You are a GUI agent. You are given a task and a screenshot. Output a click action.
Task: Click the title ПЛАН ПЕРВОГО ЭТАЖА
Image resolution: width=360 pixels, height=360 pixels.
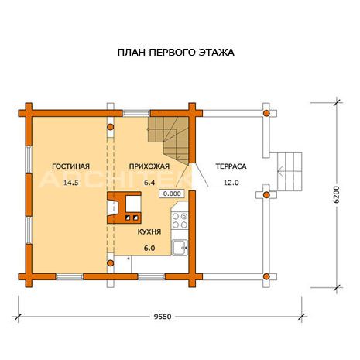(x=176, y=53)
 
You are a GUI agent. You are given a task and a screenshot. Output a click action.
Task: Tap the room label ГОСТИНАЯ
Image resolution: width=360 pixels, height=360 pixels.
(x=71, y=166)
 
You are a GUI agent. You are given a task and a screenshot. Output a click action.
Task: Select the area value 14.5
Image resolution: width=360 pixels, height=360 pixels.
(x=71, y=183)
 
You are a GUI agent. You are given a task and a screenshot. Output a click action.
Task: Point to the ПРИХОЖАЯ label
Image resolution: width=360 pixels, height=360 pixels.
(x=149, y=166)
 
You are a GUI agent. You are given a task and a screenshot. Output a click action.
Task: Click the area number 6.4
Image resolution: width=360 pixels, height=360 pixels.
(x=149, y=183)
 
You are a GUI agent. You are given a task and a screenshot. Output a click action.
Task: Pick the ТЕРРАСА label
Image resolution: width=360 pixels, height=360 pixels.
(x=231, y=166)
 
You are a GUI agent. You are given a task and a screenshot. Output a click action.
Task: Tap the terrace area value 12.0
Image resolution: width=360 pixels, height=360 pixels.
(x=231, y=183)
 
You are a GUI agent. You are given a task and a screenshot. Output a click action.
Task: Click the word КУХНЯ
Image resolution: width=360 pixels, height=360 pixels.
(x=149, y=231)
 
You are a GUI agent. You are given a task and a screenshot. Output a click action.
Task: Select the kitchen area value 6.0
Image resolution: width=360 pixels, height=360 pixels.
(x=149, y=249)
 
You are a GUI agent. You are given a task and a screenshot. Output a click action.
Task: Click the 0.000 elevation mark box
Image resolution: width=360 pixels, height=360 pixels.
(x=172, y=194)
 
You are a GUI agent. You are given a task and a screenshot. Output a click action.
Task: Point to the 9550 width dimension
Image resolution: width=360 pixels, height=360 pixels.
(x=163, y=317)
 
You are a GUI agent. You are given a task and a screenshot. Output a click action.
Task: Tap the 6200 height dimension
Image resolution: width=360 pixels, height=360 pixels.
(x=336, y=194)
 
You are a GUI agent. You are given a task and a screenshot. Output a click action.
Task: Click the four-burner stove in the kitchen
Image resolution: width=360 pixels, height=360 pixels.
(x=180, y=221)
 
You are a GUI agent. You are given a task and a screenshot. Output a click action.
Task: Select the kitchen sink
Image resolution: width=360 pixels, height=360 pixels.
(x=180, y=248)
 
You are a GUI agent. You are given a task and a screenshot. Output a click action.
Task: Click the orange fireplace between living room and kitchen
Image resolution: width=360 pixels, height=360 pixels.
(x=124, y=207)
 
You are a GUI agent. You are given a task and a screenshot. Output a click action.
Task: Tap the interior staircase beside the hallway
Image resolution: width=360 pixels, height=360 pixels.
(x=168, y=139)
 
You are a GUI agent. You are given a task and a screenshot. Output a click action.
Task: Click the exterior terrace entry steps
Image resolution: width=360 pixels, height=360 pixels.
(x=290, y=171)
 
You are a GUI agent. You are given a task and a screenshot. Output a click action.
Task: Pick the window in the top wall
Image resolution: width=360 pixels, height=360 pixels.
(x=136, y=113)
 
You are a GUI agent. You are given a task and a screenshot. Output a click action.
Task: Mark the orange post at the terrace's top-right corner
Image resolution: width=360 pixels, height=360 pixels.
(x=266, y=113)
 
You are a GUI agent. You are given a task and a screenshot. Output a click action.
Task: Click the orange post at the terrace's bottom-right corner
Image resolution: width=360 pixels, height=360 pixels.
(x=266, y=276)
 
